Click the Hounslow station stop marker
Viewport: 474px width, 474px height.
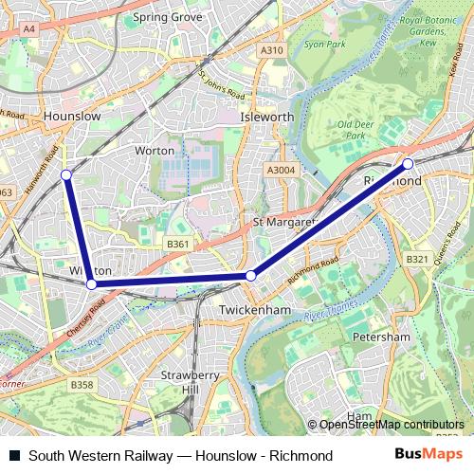[66, 174]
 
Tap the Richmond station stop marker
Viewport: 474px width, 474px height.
[409, 164]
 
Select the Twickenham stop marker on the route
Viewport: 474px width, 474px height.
[250, 276]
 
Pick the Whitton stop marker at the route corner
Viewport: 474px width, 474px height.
[91, 283]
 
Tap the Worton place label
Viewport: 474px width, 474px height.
[155, 151]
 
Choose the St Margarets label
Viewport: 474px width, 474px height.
[282, 222]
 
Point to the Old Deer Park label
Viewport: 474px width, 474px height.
[356, 130]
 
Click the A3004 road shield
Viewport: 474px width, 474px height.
[282, 169]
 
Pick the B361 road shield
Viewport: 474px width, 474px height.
[177, 244]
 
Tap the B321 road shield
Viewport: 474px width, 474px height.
[416, 259]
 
